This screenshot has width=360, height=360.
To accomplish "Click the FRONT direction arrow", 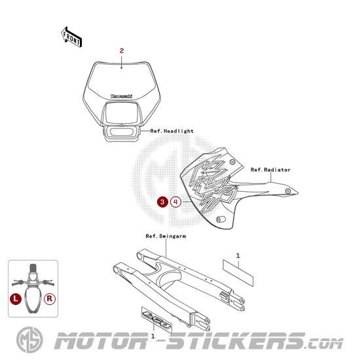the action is coord(71,37).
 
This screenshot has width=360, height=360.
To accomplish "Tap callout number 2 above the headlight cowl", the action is coord(122,51).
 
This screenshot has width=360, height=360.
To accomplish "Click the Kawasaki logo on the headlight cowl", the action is coord(122,96).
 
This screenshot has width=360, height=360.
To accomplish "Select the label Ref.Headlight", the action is coord(171,131).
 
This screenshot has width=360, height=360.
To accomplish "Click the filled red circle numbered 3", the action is coord(162,202).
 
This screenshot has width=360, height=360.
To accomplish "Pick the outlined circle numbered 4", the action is coord(176,202).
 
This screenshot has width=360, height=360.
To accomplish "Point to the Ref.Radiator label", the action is coord(270,170).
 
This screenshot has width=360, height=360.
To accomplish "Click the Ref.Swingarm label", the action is coord(166,236).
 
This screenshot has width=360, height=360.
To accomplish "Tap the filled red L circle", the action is coord(16,299).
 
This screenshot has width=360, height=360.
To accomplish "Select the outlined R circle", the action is coord(50,299).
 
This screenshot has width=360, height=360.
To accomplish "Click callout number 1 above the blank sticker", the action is coord(238,256).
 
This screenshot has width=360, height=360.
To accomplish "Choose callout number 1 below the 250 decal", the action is coord(153,336).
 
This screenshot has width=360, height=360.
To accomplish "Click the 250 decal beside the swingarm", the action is coord(156,319).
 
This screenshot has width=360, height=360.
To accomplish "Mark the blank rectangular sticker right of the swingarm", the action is coord(238,273).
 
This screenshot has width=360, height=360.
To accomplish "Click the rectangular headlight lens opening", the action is coord(122,113).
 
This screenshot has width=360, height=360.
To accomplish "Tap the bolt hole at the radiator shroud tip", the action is coord(288,191).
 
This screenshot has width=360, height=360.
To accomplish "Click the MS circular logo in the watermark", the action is coord(29,340).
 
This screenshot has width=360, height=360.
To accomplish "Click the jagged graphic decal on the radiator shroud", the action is coord(212,181).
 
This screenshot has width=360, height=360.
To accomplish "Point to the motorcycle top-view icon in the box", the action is coord(33,289).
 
